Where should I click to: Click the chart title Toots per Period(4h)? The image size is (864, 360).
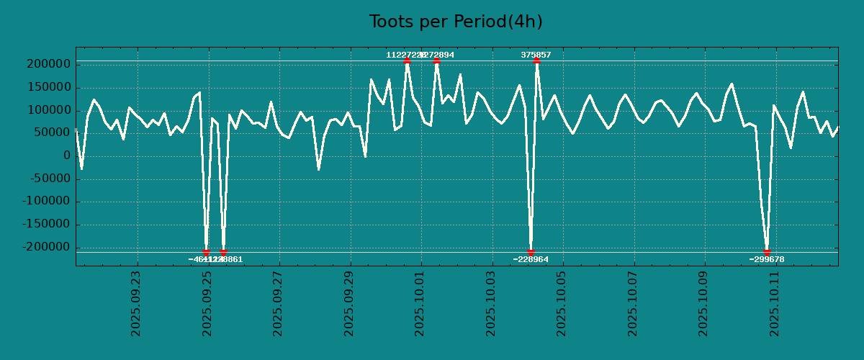pyautogui.click(x=455, y=22)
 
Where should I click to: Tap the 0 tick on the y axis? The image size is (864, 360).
pyautogui.click(x=66, y=156)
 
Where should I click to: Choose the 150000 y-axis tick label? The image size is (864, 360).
pyautogui.click(x=47, y=87)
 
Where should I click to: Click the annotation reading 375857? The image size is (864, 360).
pyautogui.click(x=536, y=55)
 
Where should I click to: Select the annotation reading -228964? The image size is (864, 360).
pyautogui.click(x=531, y=259)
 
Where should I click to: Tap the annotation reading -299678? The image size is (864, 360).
pyautogui.click(x=766, y=259)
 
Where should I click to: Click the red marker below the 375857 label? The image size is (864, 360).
pyautogui.click(x=536, y=61)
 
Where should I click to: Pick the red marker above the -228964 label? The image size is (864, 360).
pyautogui.click(x=531, y=252)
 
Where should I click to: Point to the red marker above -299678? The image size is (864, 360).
pyautogui.click(x=767, y=252)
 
